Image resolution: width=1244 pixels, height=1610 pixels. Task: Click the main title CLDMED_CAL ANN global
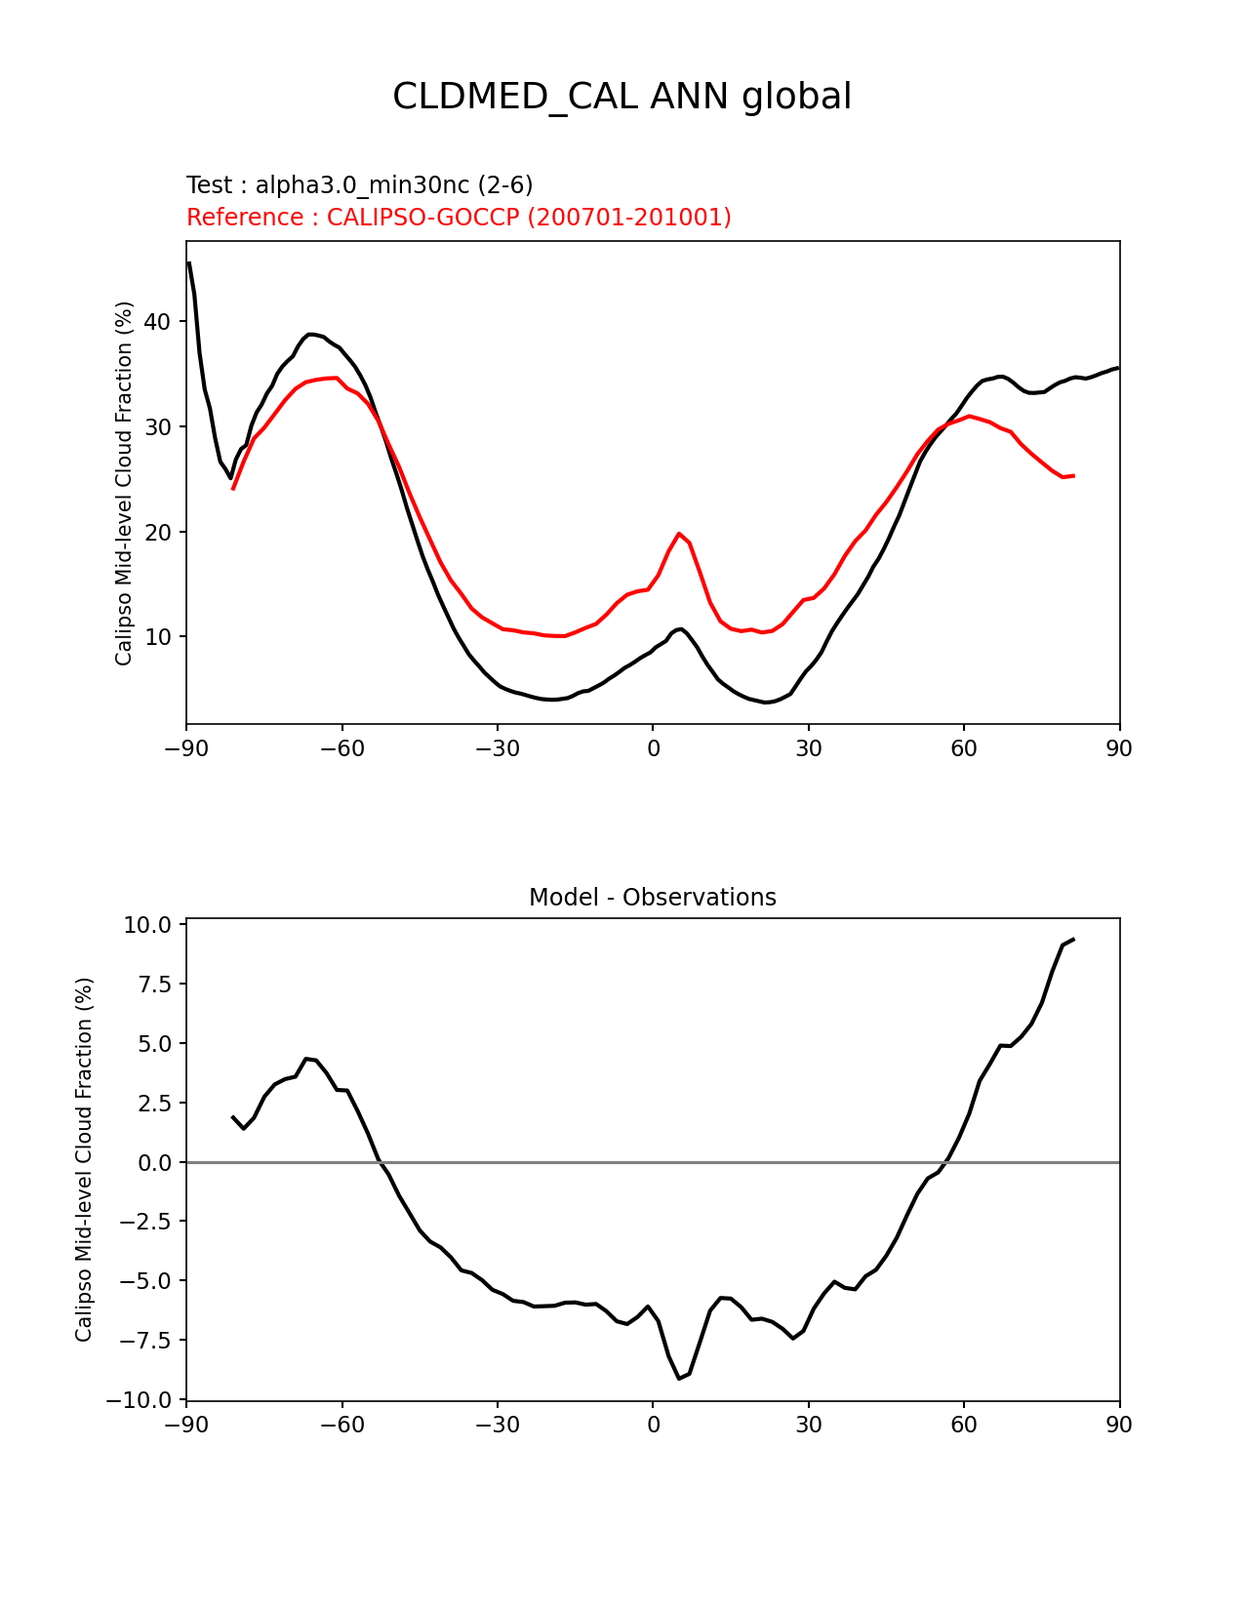coord(622,97)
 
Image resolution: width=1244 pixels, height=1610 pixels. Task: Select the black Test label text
coord(359,185)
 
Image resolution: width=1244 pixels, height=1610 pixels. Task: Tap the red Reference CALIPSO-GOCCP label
coord(459,218)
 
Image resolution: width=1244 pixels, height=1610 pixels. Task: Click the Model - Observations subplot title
coord(652,898)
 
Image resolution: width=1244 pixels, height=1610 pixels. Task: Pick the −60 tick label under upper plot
coord(341,748)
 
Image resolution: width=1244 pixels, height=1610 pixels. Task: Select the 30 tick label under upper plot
coord(808,748)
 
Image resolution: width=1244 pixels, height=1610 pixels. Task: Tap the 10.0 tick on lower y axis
coord(147,925)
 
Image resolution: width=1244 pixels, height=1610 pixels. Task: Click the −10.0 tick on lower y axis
coord(142,1401)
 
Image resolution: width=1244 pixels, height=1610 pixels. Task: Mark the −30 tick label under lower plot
coord(497,1426)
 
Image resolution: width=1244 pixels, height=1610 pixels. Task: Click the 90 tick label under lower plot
coord(1119,1426)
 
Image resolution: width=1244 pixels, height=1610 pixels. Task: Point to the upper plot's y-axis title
coord(124,483)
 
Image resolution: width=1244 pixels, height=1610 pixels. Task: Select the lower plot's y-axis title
coord(84,1159)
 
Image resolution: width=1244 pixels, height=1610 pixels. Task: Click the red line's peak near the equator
coord(679,534)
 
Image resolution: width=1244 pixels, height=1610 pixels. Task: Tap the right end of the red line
coord(1073,476)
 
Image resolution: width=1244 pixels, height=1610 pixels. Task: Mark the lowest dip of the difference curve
coord(679,1378)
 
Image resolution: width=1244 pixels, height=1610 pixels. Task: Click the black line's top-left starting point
coord(188,262)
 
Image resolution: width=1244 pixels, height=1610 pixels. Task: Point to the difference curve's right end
coord(1073,940)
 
